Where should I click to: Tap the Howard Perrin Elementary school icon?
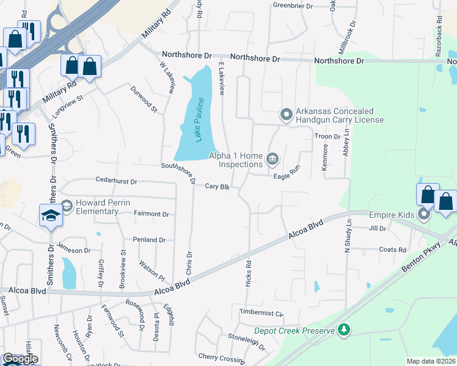click(51, 214)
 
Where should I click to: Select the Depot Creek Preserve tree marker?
click(345, 330)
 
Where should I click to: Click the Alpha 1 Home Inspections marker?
click(272, 160)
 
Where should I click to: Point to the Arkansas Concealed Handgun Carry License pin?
click(285, 115)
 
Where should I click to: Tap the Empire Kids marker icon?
click(423, 214)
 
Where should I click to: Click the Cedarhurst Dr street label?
click(117, 181)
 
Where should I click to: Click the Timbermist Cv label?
click(262, 314)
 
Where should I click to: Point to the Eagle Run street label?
click(287, 174)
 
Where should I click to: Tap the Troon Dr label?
click(327, 137)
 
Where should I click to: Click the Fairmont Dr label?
click(151, 214)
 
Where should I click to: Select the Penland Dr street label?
click(149, 240)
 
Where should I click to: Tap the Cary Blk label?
click(217, 187)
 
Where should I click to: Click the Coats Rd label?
click(392, 249)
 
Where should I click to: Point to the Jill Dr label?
click(378, 229)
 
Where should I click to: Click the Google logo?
click(20, 359)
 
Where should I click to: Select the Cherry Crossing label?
click(221, 357)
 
